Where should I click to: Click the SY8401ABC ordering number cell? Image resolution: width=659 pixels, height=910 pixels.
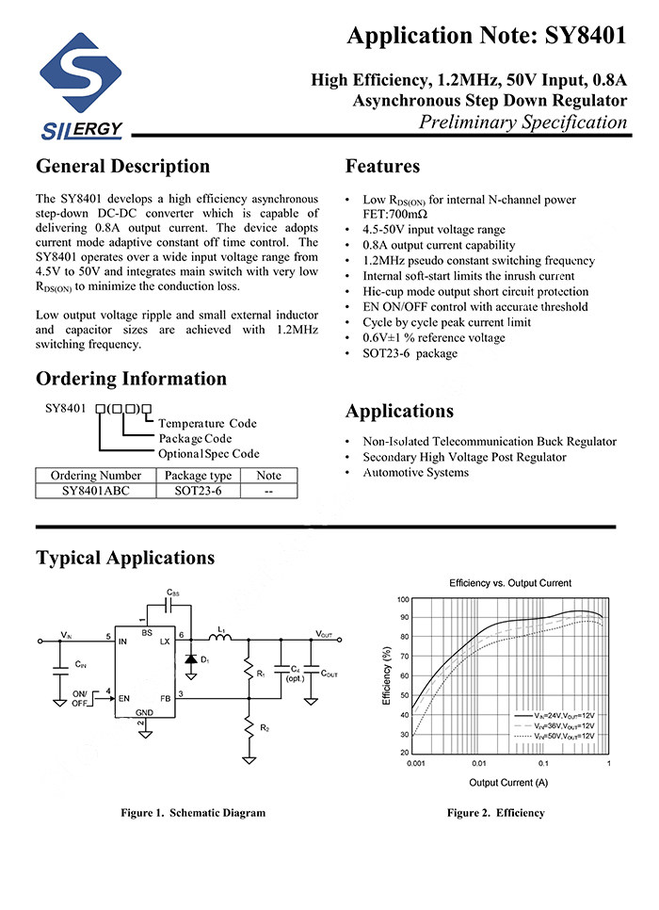(x=96, y=491)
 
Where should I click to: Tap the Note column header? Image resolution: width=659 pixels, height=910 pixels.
(x=268, y=476)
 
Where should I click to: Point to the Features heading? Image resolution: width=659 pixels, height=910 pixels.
(x=382, y=167)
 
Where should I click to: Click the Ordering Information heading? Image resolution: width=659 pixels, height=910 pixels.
(x=131, y=379)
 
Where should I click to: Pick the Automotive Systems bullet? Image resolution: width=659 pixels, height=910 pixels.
(x=415, y=472)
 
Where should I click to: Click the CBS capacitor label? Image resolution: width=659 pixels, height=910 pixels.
(x=172, y=593)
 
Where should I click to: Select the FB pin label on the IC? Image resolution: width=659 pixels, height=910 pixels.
(x=165, y=698)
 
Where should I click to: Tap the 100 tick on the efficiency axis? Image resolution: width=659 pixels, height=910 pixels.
(x=403, y=599)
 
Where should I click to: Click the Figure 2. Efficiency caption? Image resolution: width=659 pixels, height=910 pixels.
(x=495, y=813)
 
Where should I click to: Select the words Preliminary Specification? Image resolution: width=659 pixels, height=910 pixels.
(x=522, y=122)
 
